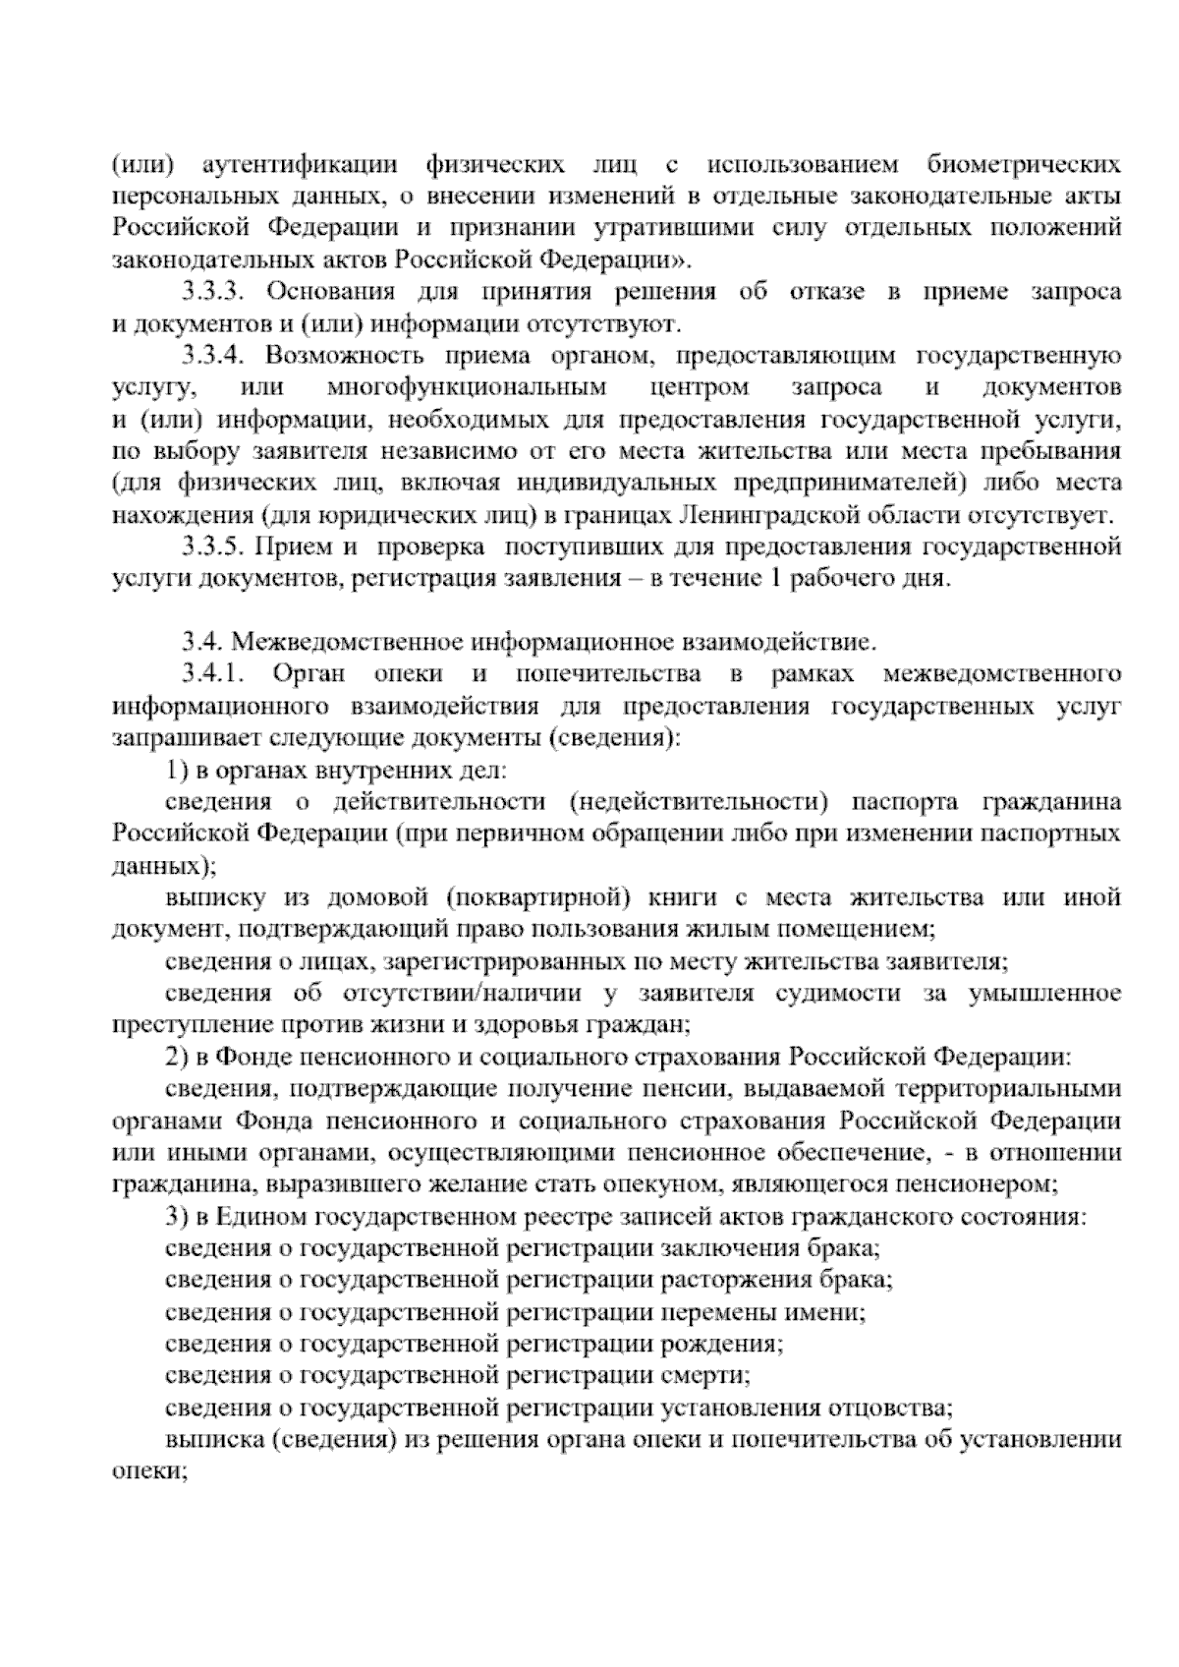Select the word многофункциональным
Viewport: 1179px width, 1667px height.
tap(467, 387)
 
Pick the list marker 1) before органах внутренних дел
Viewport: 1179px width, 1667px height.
tap(177, 770)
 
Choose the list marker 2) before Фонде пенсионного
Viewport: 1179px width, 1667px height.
tap(177, 1058)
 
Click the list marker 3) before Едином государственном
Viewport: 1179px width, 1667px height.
tap(177, 1217)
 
